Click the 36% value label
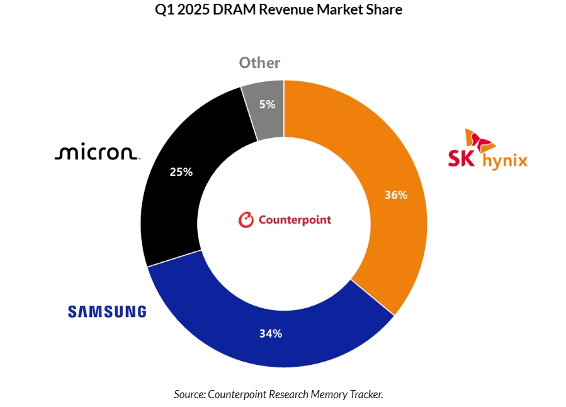[x=396, y=195]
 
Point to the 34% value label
[x=271, y=333]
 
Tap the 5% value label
[x=268, y=105]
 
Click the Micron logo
[x=97, y=153]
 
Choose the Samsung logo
[x=107, y=311]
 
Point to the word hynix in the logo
[x=504, y=161]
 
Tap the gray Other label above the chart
[x=259, y=63]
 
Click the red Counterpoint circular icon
[x=246, y=220]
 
